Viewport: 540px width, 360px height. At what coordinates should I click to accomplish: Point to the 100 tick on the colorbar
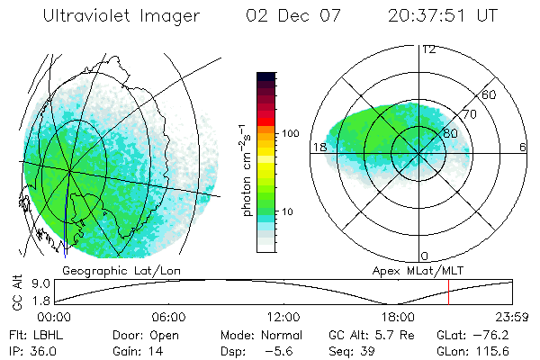291,133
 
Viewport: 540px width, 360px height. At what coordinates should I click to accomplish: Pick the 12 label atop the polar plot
428,49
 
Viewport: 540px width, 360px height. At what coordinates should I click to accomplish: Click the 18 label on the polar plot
318,147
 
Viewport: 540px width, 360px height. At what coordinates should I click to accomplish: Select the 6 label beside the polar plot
523,147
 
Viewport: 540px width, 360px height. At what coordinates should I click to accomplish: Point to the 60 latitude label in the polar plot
490,94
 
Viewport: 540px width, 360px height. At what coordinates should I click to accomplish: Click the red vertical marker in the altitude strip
448,292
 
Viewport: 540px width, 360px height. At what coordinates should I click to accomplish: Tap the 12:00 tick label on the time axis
283,317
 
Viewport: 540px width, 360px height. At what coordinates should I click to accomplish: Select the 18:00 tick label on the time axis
398,317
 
